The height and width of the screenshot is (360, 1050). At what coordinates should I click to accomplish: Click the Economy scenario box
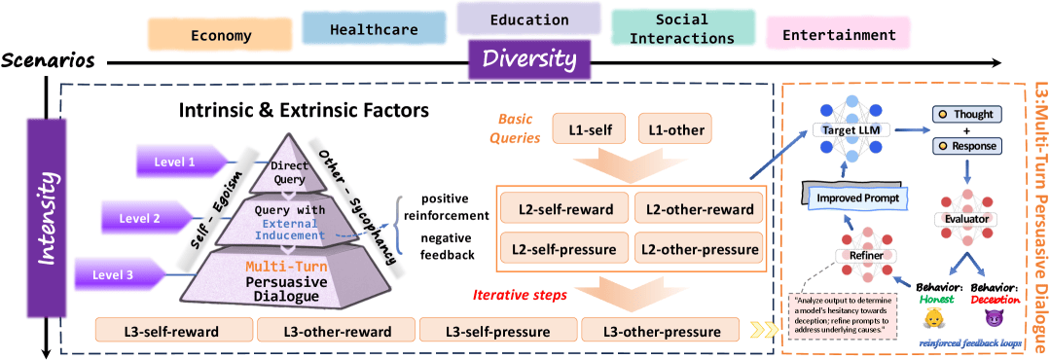point(221,34)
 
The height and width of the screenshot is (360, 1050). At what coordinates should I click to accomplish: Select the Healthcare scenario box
point(374,29)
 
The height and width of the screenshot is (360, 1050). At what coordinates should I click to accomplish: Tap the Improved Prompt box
point(842,181)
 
